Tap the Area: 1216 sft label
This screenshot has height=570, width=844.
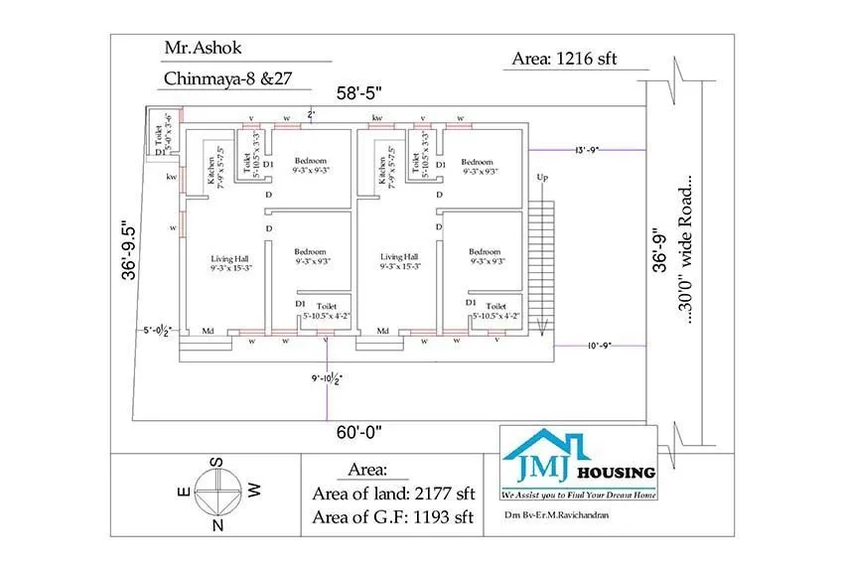(564, 59)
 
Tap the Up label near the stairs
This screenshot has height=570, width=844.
(542, 178)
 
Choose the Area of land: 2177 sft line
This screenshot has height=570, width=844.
(394, 494)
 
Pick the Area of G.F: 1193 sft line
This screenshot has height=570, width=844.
(394, 516)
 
